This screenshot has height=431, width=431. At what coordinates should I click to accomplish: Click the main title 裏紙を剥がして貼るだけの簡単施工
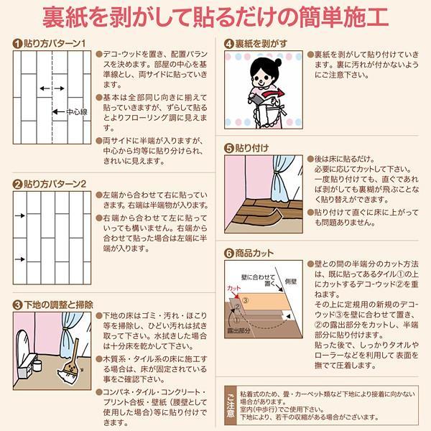(x=215, y=17)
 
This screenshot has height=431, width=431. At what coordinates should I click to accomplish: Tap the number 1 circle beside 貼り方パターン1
(x=17, y=44)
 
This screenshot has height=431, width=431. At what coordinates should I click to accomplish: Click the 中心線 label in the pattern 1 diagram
(x=77, y=112)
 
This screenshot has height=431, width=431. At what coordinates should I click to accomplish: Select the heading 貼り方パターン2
(x=55, y=184)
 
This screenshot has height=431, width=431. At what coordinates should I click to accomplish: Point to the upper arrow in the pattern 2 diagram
(x=20, y=215)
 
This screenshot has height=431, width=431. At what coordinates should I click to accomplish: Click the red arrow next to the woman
(x=273, y=93)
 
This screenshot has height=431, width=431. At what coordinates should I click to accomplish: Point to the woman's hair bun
(x=278, y=62)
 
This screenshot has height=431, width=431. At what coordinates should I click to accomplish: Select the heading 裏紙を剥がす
(x=261, y=44)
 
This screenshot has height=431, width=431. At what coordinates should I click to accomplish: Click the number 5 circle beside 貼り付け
(x=228, y=149)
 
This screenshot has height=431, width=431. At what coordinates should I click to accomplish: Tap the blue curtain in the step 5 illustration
(x=282, y=178)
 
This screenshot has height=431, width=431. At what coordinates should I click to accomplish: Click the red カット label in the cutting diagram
(x=233, y=288)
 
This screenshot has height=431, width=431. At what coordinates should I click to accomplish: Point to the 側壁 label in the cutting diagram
(x=291, y=281)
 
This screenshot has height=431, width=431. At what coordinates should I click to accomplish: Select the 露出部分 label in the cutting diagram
(x=238, y=330)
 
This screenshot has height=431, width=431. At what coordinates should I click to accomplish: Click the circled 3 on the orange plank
(x=245, y=300)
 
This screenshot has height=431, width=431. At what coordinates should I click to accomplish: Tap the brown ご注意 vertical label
(x=231, y=405)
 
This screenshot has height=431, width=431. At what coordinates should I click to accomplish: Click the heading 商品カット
(x=254, y=253)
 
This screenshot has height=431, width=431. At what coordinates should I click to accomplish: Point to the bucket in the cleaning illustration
(x=37, y=366)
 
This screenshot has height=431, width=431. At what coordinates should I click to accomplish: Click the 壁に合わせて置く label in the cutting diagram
(x=258, y=280)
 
